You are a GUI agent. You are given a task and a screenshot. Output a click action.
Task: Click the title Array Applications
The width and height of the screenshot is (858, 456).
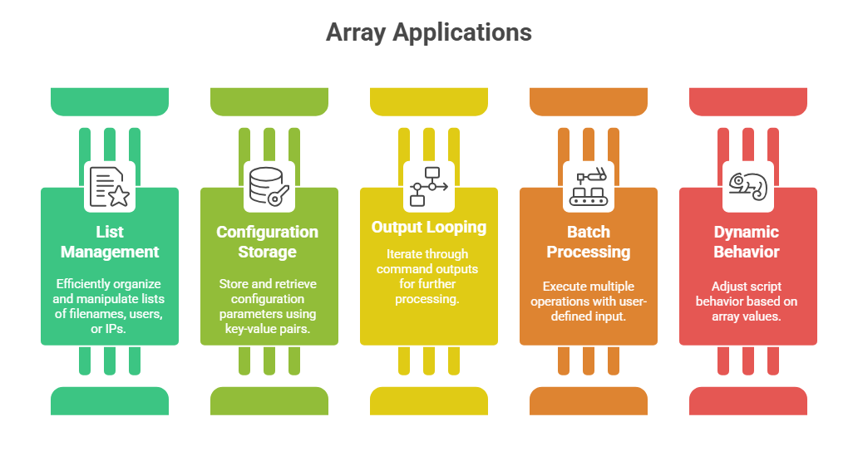pyautogui.click(x=428, y=32)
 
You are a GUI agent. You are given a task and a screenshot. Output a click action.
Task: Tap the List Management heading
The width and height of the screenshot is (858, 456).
pyautogui.click(x=110, y=242)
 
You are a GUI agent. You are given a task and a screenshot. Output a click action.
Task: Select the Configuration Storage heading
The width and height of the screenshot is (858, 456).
pyautogui.click(x=268, y=242)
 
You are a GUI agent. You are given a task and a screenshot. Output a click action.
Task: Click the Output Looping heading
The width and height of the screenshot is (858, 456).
pyautogui.click(x=429, y=228)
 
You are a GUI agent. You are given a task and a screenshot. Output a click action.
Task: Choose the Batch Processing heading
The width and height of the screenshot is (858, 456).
pyautogui.click(x=588, y=242)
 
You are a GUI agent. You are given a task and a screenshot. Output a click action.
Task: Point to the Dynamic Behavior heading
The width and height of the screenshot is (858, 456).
pyautogui.click(x=747, y=242)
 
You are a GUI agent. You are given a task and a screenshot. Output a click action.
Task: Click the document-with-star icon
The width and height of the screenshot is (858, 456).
pyautogui.click(x=110, y=187)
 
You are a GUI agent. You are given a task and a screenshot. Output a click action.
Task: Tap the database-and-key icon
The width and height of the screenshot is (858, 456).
pyautogui.click(x=269, y=187)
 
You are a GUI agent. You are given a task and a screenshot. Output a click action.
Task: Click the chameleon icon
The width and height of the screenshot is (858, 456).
pyautogui.click(x=747, y=187)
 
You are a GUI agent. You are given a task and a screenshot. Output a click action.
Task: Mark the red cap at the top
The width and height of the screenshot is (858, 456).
pyautogui.click(x=747, y=101)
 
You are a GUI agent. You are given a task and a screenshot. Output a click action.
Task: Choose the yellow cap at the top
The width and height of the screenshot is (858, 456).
pyautogui.click(x=429, y=101)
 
